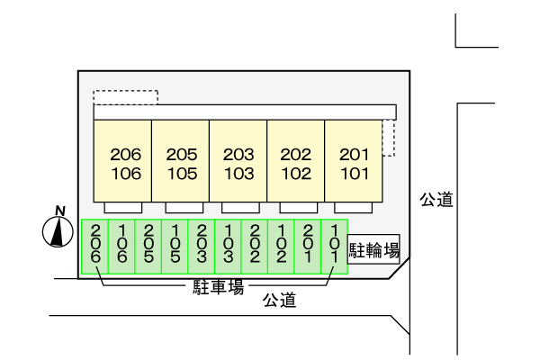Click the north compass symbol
point(58,230)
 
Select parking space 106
point(122,245)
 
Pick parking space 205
point(148,245)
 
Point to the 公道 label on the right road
point(436,200)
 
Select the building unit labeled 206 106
point(123,162)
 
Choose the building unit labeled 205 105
point(181,162)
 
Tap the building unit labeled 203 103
point(238,162)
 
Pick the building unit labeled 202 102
point(296,162)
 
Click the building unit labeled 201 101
point(354,162)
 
